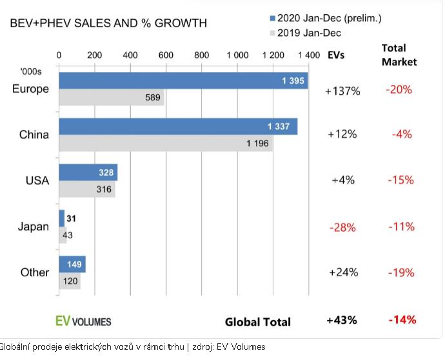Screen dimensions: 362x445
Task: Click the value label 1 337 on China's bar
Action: click(x=279, y=126)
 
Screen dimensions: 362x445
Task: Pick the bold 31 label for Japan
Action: click(x=71, y=219)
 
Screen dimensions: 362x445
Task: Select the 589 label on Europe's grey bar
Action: click(x=153, y=97)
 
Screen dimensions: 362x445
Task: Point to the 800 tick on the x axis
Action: click(x=201, y=55)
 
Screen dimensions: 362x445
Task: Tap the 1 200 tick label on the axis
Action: click(x=273, y=55)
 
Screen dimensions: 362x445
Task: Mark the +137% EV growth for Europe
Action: click(x=342, y=91)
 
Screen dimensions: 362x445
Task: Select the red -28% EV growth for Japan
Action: click(x=342, y=227)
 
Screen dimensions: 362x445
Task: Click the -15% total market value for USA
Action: click(x=400, y=180)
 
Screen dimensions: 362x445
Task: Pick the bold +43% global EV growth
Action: click(x=342, y=320)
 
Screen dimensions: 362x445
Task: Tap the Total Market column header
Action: click(x=399, y=55)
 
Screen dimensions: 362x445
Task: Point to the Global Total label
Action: click(x=257, y=322)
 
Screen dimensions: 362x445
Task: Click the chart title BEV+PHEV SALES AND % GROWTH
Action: click(x=108, y=23)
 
